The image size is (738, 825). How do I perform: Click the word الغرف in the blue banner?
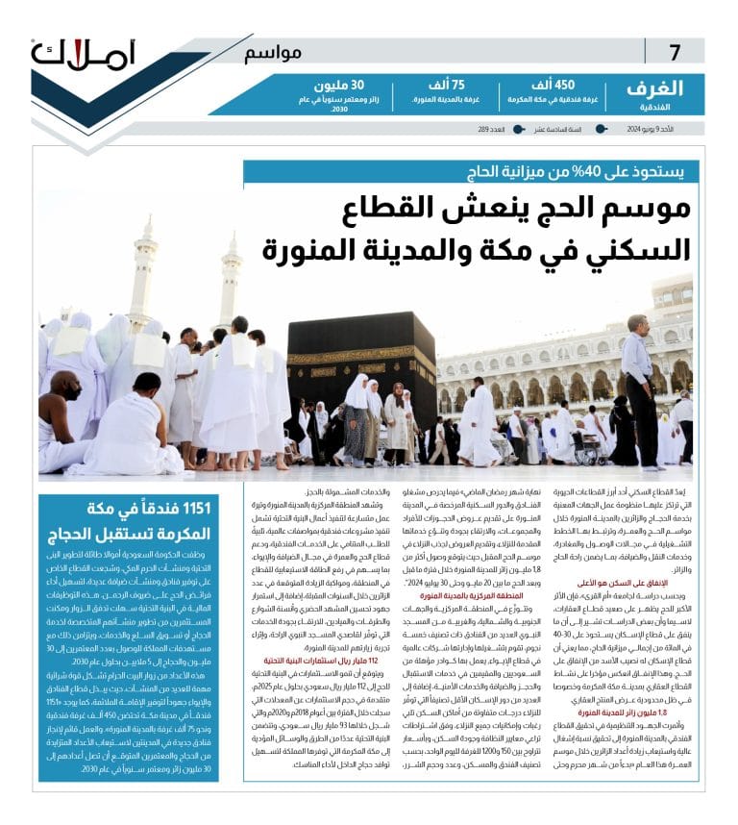(x=654, y=88)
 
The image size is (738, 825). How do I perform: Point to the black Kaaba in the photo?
(x=360, y=370)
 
